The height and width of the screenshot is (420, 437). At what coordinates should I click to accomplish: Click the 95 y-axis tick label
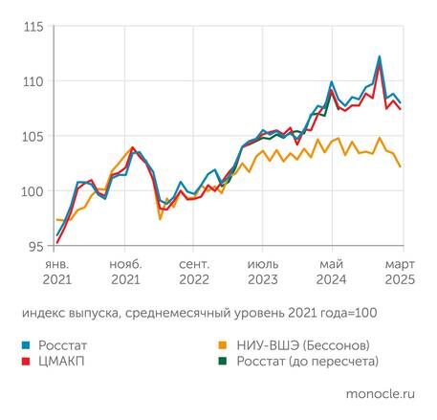(x=36, y=246)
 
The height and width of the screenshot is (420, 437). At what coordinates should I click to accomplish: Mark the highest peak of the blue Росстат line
(x=380, y=56)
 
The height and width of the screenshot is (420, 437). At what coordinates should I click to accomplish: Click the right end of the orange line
(x=400, y=166)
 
